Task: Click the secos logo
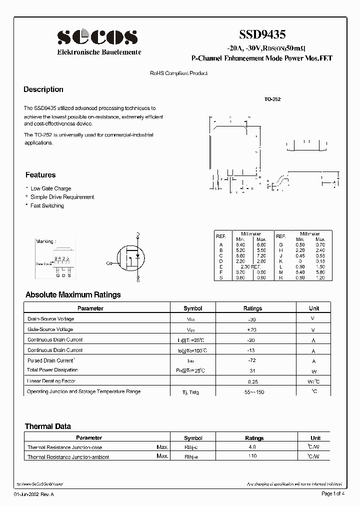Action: click(97, 37)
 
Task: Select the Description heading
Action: click(43, 89)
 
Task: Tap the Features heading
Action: click(40, 175)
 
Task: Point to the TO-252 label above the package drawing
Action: click(272, 99)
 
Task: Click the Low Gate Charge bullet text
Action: click(51, 188)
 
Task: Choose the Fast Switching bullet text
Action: click(47, 205)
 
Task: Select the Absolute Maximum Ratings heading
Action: click(73, 295)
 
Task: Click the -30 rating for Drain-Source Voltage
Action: click(252, 319)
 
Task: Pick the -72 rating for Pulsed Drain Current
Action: click(252, 360)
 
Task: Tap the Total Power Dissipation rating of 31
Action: click(252, 370)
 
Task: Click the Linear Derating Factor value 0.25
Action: click(252, 381)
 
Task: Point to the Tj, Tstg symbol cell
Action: click(191, 392)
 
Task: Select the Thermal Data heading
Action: click(48, 426)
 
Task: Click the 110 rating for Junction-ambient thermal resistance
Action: click(251, 456)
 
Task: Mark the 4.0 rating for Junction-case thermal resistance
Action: click(251, 447)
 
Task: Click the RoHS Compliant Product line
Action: click(178, 73)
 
